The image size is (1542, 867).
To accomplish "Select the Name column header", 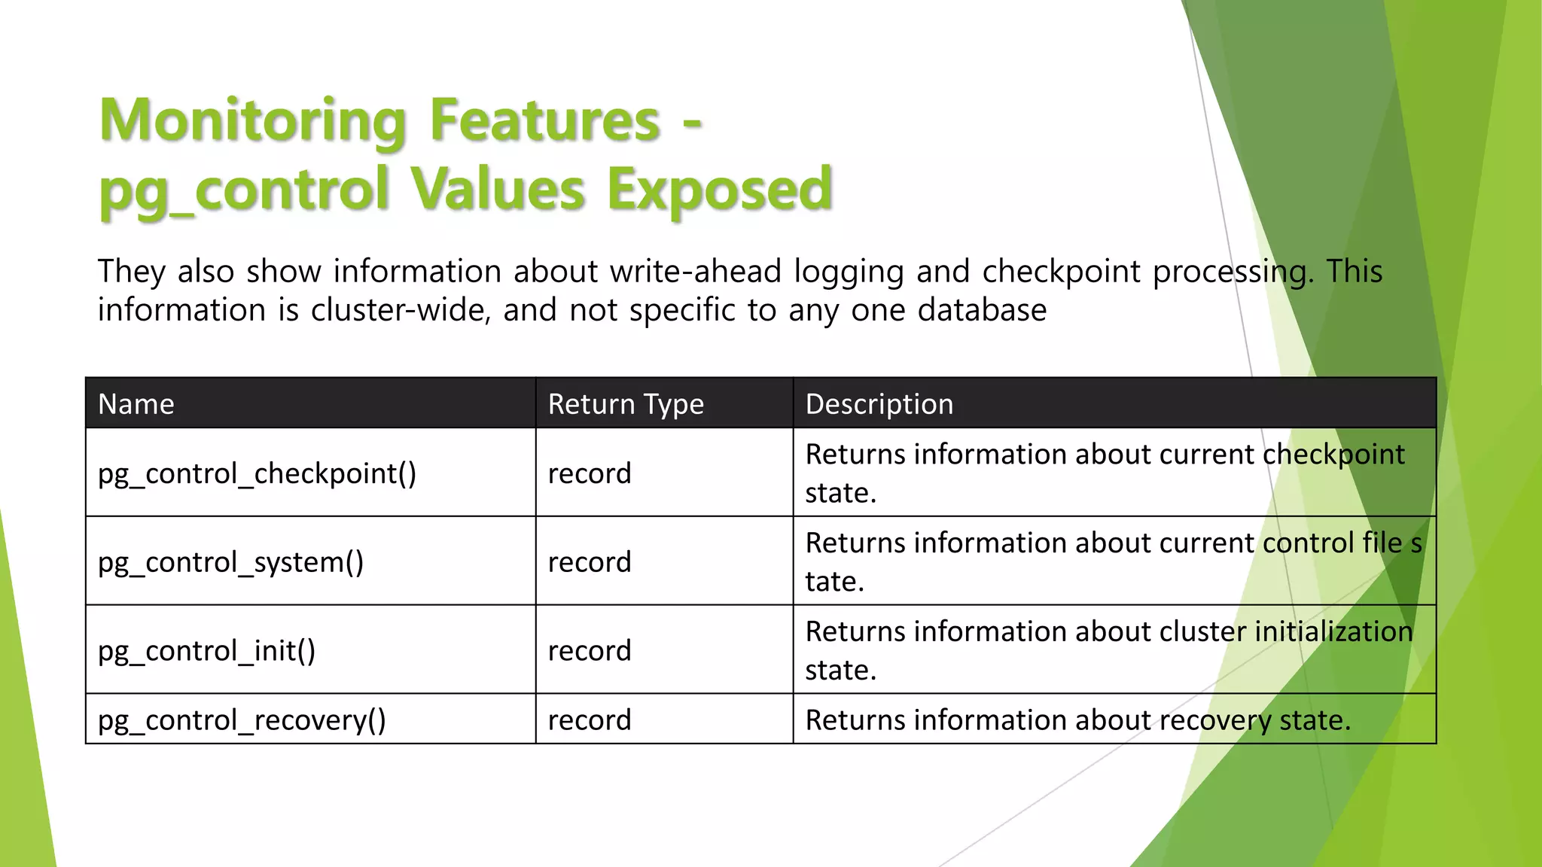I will pyautogui.click(x=136, y=404).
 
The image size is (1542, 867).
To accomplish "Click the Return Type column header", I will pyautogui.click(x=626, y=404).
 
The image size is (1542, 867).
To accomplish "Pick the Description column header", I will pyautogui.click(x=879, y=404).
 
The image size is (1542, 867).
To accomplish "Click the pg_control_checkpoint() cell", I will pyautogui.click(x=257, y=473).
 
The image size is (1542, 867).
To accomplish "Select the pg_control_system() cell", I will pyautogui.click(x=230, y=562).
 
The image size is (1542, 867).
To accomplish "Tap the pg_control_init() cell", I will pyautogui.click(x=206, y=651).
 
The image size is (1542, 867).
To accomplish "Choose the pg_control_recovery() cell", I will pyautogui.click(x=242, y=720).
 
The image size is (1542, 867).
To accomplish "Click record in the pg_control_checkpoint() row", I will pyautogui.click(x=589, y=473).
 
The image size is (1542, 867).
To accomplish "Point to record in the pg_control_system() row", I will pyautogui.click(x=589, y=562).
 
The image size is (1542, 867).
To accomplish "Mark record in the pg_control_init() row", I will pyautogui.click(x=589, y=651).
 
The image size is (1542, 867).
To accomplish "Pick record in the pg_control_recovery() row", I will pyautogui.click(x=589, y=720).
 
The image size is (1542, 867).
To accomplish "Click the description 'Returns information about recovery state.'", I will pyautogui.click(x=1077, y=720).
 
